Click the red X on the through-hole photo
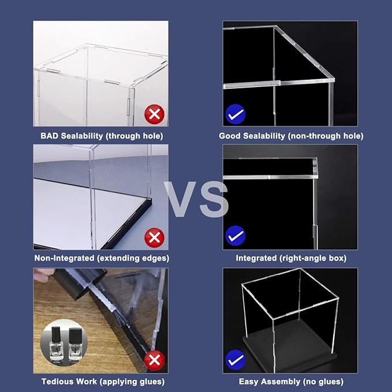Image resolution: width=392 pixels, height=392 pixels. coord(154,114)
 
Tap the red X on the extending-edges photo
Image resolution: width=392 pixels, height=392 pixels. coord(154,237)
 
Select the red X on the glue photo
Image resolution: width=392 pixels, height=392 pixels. coord(154,360)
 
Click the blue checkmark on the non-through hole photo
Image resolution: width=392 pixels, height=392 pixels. coord(236,114)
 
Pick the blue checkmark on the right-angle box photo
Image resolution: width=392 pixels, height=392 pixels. coord(236,236)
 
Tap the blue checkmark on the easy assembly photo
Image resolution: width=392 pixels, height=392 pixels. coord(236,360)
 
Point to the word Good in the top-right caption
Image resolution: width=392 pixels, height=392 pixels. coord(230,136)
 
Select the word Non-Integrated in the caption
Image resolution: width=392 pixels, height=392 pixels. coord(62,258)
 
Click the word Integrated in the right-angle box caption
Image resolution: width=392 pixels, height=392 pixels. coord(257,258)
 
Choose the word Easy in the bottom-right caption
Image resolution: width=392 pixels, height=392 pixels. coord(248,382)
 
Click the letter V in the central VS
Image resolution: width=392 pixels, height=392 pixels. coord(183,199)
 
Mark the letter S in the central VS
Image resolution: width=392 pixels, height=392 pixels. coord(211,199)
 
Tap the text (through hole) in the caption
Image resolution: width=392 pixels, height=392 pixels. coord(135,136)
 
